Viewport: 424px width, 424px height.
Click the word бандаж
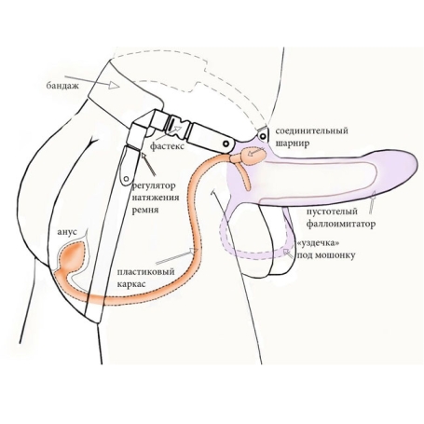[x=62, y=85]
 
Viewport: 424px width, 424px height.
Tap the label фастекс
[x=167, y=145]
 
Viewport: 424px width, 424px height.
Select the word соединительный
[x=312, y=130]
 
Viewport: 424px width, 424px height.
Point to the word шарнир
[x=293, y=144]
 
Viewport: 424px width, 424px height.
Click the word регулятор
[x=154, y=186]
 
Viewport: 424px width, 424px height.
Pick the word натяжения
[x=156, y=198]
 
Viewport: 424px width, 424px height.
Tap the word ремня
[x=145, y=210]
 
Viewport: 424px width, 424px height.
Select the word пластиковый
[x=145, y=272]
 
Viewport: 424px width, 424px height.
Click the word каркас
[x=131, y=284]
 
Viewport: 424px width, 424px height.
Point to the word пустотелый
[x=332, y=212]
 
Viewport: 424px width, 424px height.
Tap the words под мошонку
[x=326, y=255]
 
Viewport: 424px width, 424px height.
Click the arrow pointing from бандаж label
[x=92, y=80]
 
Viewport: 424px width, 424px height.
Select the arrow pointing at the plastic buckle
[x=168, y=132]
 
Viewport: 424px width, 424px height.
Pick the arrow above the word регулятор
[x=148, y=164]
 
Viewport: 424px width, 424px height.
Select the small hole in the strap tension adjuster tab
[x=126, y=178]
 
